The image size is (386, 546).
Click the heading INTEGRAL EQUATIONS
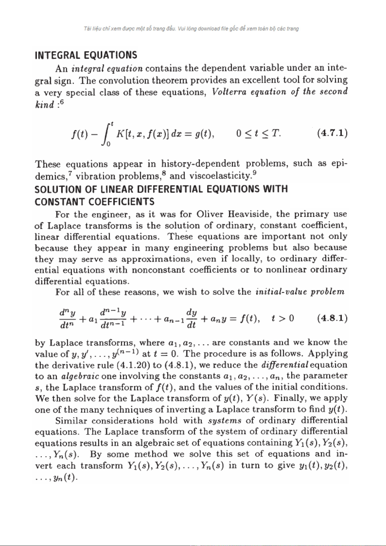[86, 55]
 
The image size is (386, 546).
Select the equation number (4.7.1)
[332, 133]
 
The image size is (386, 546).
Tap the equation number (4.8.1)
[332, 318]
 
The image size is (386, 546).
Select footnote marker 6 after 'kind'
[62, 102]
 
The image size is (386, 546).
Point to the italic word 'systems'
[224, 421]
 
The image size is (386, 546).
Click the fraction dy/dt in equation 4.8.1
[192, 318]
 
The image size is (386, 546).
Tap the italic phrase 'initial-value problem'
[300, 292]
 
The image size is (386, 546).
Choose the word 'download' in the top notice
[209, 29]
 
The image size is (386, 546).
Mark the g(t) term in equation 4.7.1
[204, 134]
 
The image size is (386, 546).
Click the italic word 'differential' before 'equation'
[285, 365]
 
